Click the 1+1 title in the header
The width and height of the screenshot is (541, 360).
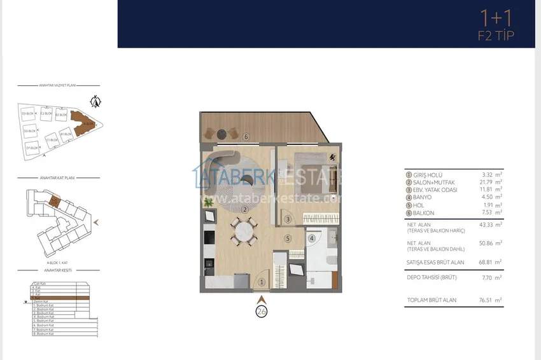pos(496,18)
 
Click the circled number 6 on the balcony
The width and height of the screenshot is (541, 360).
pos(246,136)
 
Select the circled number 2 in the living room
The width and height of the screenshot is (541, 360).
pos(244,191)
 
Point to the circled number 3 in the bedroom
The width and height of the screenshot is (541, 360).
pos(288,219)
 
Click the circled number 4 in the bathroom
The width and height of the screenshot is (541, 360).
pos(312,239)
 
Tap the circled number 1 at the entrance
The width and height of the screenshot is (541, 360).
pos(262,282)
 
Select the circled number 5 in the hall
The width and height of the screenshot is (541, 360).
pos(288,239)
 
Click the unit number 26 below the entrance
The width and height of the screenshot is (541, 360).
pos(261,312)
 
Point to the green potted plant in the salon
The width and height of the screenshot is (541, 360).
pos(207,202)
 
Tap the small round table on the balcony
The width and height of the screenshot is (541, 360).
pos(221,134)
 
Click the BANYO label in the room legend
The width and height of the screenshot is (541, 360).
pos(422,197)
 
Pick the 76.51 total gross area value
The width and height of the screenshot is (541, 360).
pos(486,300)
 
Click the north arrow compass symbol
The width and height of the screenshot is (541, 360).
pos(96,100)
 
